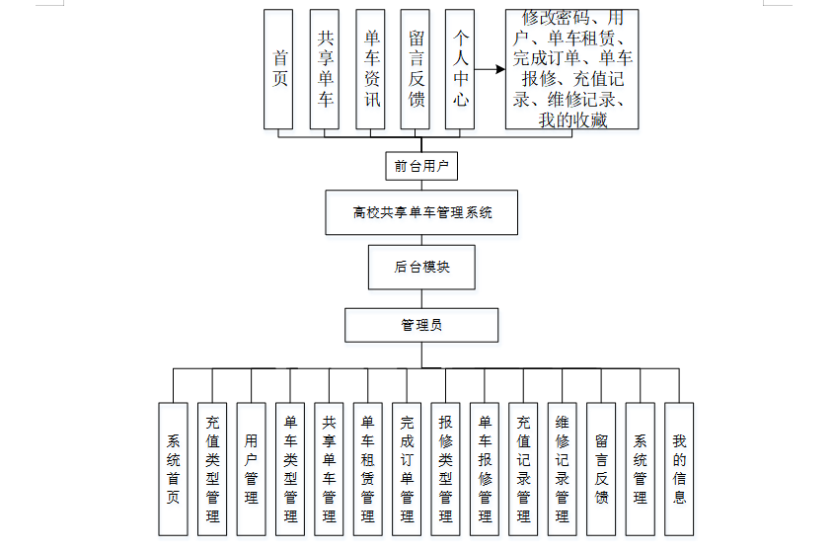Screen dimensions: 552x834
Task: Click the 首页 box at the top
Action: point(279,69)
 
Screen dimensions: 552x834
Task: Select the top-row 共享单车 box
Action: point(325,69)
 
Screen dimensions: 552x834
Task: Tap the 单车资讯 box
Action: point(370,69)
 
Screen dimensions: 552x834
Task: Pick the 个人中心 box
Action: point(460,69)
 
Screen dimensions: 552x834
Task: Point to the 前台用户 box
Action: point(421,166)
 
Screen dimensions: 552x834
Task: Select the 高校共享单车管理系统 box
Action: point(421,212)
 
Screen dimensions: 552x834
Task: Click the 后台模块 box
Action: point(421,267)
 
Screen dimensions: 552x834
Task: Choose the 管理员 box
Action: point(421,325)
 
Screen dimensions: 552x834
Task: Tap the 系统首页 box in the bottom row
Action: point(174,468)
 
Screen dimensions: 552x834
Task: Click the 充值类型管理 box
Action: point(212,468)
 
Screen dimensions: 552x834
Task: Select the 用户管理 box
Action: point(251,468)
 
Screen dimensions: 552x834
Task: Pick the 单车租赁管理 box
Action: point(367,468)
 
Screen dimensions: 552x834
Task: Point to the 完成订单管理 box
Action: point(407,468)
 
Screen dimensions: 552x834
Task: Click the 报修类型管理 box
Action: point(445,468)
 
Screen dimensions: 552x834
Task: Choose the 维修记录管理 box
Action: point(562,468)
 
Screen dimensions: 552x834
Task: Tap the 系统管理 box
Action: point(640,468)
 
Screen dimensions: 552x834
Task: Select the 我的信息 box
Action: point(678,468)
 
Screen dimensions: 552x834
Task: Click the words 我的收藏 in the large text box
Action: point(572,120)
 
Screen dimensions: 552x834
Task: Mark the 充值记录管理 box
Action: point(523,468)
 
